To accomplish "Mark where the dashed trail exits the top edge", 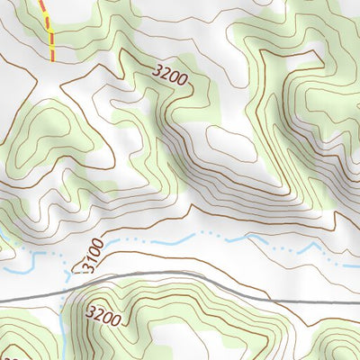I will point(40,2).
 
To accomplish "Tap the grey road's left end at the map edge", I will point(2,299).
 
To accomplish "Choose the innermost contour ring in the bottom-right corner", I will point(337,351).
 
